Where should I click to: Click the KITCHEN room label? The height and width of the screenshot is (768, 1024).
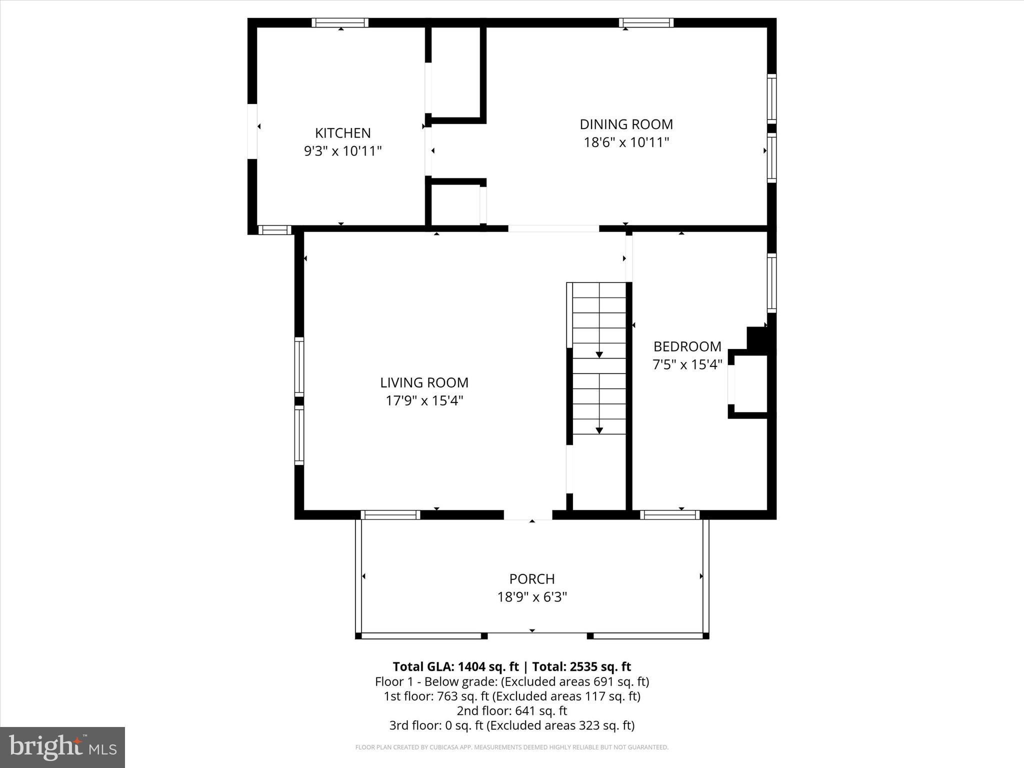coord(342,133)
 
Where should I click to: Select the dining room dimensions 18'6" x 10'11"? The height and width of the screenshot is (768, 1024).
coord(626,142)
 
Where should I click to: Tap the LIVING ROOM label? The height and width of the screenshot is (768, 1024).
coord(424,382)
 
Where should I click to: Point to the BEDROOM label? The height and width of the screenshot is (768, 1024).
coord(687,346)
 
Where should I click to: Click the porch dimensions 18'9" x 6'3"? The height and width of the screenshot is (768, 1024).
coord(531,597)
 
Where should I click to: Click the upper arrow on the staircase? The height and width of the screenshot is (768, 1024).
coord(599,354)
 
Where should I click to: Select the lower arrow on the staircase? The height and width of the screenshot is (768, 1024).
coord(599,430)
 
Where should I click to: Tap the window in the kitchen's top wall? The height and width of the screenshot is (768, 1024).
coord(340,22)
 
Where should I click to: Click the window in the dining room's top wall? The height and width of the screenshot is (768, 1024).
coord(646,22)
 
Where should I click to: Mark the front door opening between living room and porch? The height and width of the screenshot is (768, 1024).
coord(527,515)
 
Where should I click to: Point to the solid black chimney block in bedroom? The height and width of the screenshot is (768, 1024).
coord(759,339)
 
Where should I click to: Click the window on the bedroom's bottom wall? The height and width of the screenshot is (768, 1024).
coord(669,515)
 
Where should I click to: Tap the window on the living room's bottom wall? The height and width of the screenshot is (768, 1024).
coord(390,515)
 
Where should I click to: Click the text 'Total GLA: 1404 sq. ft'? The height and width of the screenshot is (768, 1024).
coord(455,666)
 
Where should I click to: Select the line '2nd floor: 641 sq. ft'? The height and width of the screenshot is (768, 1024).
coord(511,710)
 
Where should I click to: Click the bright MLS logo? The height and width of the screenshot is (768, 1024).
coord(62,747)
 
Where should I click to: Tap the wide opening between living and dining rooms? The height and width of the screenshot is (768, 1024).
coord(553,228)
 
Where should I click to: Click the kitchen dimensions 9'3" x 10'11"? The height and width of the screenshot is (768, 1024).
coord(342,151)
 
